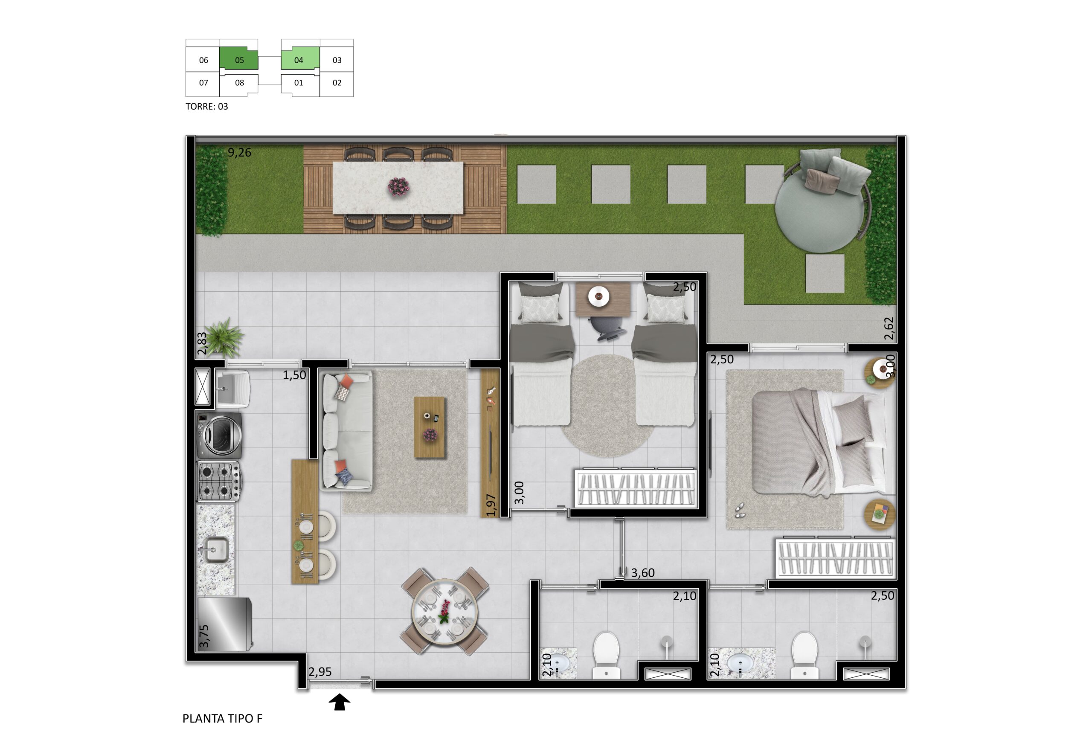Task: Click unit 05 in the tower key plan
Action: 239,59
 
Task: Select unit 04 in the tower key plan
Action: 300,59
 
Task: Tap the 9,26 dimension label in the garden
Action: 240,152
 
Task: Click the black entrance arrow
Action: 339,703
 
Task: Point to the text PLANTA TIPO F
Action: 222,718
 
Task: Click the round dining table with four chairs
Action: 444,611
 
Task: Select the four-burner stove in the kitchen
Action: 219,481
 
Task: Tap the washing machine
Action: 219,435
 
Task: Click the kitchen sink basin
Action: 216,550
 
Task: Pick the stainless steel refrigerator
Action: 224,624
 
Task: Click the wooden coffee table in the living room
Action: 430,427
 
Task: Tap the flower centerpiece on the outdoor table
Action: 398,186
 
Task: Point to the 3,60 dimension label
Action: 643,573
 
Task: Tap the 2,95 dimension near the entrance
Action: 320,672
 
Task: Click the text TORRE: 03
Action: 207,106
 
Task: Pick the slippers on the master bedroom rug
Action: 739,510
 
